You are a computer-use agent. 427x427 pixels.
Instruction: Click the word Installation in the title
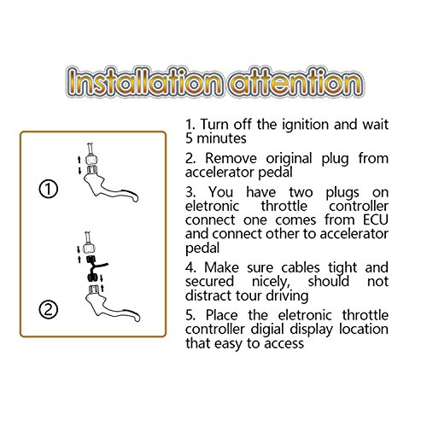pyautogui.click(x=144, y=82)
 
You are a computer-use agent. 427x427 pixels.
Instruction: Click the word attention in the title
pyautogui.click(x=297, y=82)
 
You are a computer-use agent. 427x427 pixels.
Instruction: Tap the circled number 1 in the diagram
pyautogui.click(x=49, y=189)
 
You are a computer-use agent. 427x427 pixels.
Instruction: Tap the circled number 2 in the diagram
pyautogui.click(x=49, y=310)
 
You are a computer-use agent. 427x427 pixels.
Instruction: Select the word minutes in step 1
pyautogui.click(x=221, y=138)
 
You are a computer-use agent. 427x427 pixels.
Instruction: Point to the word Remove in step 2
pyautogui.click(x=231, y=158)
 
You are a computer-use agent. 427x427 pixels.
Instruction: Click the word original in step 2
pyautogui.click(x=289, y=159)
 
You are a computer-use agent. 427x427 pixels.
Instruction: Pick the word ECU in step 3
pyautogui.click(x=376, y=219)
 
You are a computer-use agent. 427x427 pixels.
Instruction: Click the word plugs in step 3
pyautogui.click(x=342, y=193)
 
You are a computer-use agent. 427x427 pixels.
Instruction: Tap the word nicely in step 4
pyautogui.click(x=271, y=282)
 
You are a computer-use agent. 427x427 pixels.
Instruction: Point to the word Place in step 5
pyautogui.click(x=221, y=315)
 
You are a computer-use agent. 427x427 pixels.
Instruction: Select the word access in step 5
pyautogui.click(x=284, y=344)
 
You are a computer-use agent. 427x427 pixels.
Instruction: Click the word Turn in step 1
pyautogui.click(x=214, y=125)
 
